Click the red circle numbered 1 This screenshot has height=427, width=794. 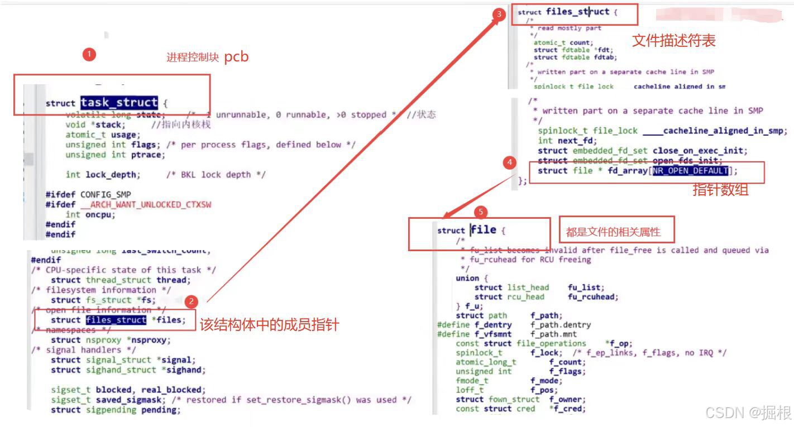pyautogui.click(x=89, y=54)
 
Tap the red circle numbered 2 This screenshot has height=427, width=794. pyautogui.click(x=192, y=302)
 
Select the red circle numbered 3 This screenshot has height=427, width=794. pyautogui.click(x=499, y=15)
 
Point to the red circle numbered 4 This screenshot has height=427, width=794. pyautogui.click(x=509, y=162)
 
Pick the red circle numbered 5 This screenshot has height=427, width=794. pyautogui.click(x=480, y=212)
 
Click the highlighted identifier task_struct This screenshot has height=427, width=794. pyautogui.click(x=119, y=103)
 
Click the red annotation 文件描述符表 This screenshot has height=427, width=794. pyautogui.click(x=673, y=40)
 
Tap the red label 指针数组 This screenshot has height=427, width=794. pyautogui.click(x=720, y=190)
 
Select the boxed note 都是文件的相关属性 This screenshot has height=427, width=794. pyautogui.click(x=613, y=232)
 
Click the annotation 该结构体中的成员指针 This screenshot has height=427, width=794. pyautogui.click(x=269, y=324)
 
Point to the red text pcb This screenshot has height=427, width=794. pyautogui.click(x=236, y=56)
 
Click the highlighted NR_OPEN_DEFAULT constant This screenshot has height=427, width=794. pyautogui.click(x=690, y=171)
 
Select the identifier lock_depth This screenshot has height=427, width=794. pyautogui.click(x=111, y=175)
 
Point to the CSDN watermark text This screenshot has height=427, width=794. pyautogui.click(x=748, y=412)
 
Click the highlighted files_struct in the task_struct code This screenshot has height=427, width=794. pyautogui.click(x=116, y=320)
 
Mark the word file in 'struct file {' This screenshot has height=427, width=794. pyautogui.click(x=484, y=229)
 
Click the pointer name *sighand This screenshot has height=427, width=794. pyautogui.click(x=186, y=370)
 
